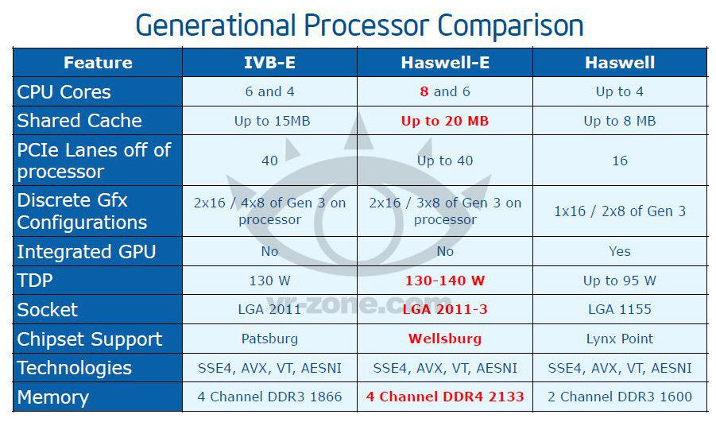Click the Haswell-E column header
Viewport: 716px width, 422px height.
445,63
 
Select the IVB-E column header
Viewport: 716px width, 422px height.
269,63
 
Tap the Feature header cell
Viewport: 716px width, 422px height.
98,63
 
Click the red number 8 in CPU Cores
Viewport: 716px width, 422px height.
424,91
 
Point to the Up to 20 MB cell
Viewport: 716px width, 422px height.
445,121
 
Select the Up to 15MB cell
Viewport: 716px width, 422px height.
272,121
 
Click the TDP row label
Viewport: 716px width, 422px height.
35,280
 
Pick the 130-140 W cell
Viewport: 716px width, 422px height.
445,281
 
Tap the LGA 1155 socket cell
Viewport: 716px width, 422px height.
620,309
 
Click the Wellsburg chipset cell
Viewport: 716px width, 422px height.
445,339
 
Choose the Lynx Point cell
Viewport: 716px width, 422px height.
620,339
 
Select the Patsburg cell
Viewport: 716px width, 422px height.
269,339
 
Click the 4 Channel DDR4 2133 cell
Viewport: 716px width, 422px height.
445,397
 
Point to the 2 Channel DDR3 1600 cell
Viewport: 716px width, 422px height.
620,397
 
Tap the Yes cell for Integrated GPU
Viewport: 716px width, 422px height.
620,251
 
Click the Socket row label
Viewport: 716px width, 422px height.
47,310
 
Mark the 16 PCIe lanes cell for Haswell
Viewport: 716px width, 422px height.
620,161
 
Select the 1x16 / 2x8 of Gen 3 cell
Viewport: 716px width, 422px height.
620,211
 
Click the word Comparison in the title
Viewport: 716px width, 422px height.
510,25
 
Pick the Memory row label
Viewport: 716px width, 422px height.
53,397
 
